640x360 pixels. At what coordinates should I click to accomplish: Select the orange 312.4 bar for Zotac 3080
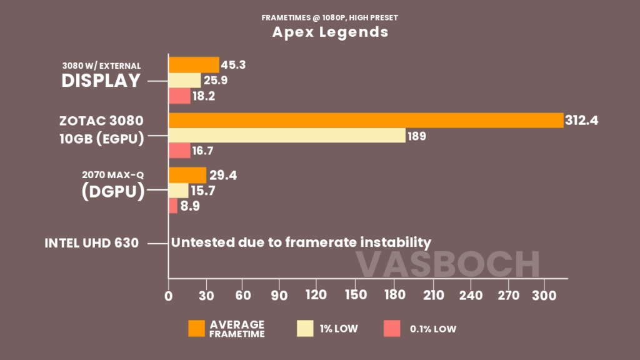pyautogui.click(x=366, y=120)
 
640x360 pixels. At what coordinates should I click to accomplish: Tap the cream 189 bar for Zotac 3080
pyautogui.click(x=287, y=136)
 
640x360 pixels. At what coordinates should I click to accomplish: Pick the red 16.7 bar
pyautogui.click(x=179, y=151)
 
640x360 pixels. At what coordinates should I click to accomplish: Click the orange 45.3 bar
pyautogui.click(x=194, y=65)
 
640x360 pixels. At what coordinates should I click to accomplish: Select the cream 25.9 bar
pyautogui.click(x=185, y=81)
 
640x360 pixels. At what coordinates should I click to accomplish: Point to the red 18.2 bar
pyautogui.click(x=179, y=96)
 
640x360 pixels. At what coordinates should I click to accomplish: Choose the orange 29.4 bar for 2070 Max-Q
pyautogui.click(x=187, y=175)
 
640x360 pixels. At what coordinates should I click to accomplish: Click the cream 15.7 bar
pyautogui.click(x=179, y=191)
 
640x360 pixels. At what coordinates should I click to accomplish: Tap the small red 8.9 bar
pyautogui.click(x=173, y=206)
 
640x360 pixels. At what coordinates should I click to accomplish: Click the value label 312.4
pyautogui.click(x=581, y=120)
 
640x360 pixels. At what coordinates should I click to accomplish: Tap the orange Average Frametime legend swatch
pyautogui.click(x=196, y=329)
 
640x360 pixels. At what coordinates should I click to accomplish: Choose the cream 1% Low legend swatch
pyautogui.click(x=305, y=329)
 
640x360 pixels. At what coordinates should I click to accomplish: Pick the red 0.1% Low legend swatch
pyautogui.click(x=392, y=329)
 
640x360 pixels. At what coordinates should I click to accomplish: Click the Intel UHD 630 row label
pyautogui.click(x=91, y=243)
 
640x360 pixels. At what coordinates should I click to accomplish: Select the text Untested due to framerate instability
pyautogui.click(x=301, y=242)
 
